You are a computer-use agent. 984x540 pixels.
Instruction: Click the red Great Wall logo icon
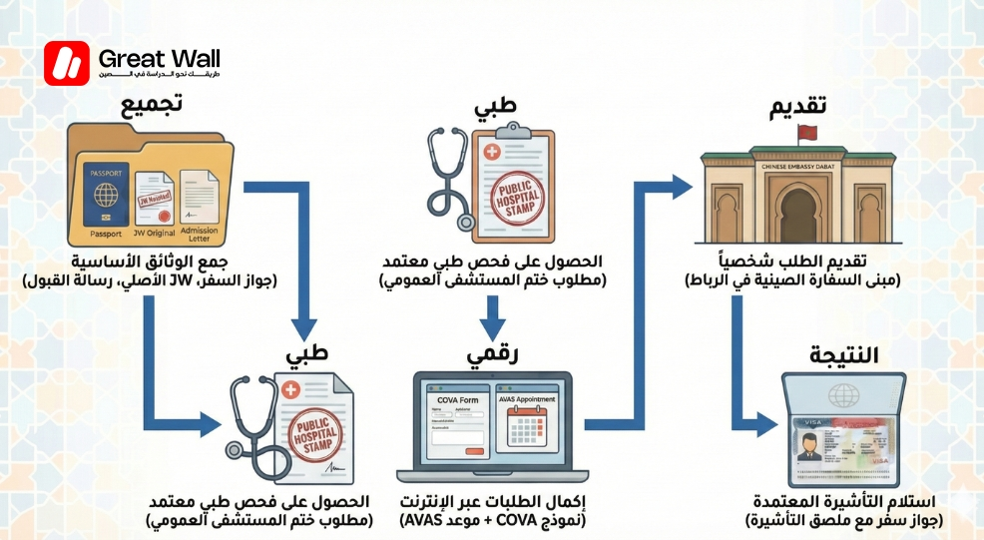(x=67, y=64)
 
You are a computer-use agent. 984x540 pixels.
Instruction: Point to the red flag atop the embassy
(x=807, y=134)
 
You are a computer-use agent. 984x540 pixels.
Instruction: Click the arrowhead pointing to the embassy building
(x=683, y=186)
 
